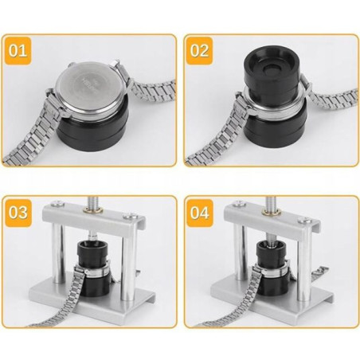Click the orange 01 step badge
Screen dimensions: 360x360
point(18,51)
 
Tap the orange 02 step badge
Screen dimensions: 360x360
point(199,51)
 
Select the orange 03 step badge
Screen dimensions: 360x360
point(18,213)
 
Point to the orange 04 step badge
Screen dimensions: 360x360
point(199,213)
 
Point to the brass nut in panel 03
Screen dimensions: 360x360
point(92,210)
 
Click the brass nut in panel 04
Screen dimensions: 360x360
point(271,212)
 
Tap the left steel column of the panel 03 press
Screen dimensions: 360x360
point(58,252)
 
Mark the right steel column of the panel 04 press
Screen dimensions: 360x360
point(305,270)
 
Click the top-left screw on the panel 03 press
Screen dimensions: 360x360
point(58,203)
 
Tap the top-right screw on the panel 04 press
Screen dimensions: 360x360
point(305,220)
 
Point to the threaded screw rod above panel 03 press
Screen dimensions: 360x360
point(93,202)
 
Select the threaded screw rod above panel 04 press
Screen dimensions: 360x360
point(272,203)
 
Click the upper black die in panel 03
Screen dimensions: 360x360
point(92,253)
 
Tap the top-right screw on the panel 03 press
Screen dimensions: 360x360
point(130,217)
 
